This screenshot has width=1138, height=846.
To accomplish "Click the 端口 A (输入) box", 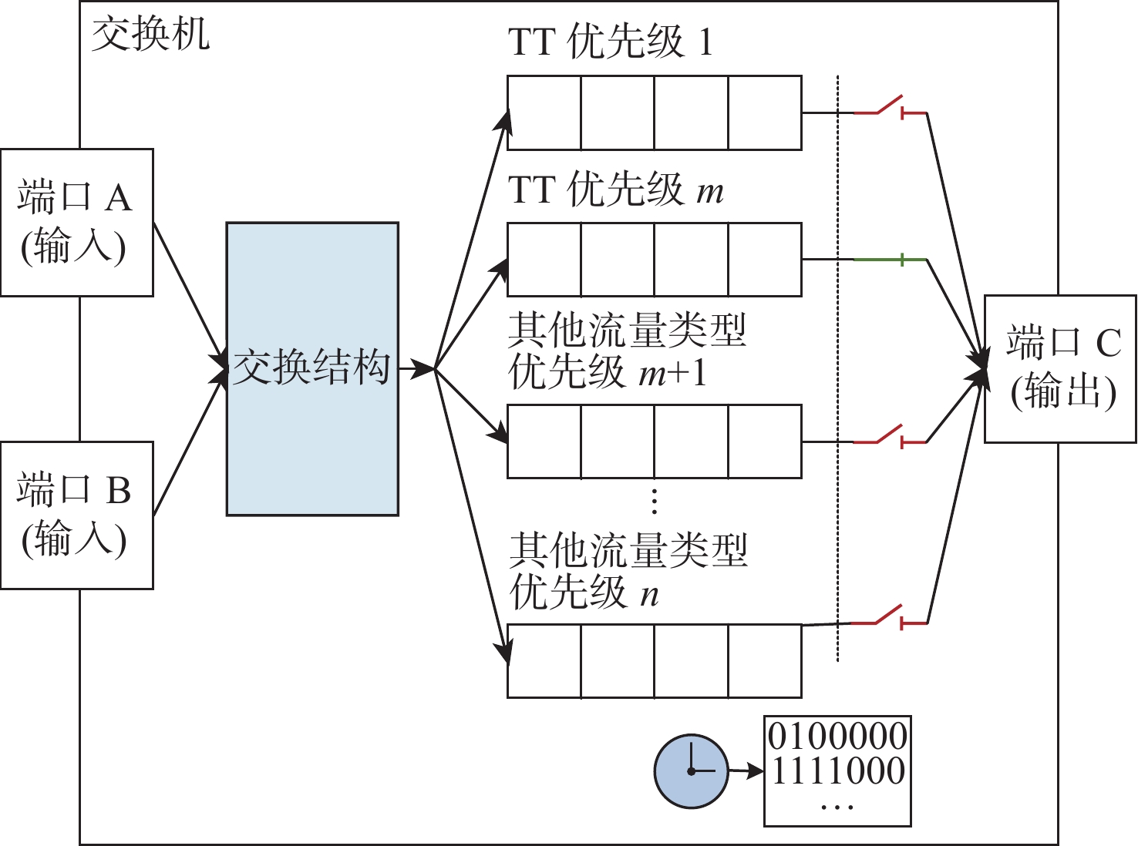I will tap(76, 222).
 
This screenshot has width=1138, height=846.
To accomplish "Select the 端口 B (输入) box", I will tap(76, 515).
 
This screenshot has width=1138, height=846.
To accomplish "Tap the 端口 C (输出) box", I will tap(1060, 368).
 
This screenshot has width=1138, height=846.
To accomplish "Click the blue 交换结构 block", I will tap(312, 368).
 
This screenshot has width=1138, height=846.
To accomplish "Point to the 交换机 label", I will tap(150, 35).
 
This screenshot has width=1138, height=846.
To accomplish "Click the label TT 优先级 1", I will tap(610, 42).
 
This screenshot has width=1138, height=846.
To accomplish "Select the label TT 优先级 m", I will tap(615, 190).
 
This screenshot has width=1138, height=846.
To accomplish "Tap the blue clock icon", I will tap(691, 770).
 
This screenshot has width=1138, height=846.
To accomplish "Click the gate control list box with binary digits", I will tap(837, 770).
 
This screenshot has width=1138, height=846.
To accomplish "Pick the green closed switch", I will tap(891, 260).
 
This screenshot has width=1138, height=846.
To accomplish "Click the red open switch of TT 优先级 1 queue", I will tap(891, 108).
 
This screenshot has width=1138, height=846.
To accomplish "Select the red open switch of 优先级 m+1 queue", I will tap(891, 438).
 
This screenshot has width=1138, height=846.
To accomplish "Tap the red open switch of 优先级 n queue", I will tap(891, 618).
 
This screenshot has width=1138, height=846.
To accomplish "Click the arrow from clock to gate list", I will tap(746, 770).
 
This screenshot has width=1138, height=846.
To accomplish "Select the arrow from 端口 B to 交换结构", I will tap(190, 443).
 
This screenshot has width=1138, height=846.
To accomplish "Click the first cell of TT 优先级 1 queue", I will tap(544, 112).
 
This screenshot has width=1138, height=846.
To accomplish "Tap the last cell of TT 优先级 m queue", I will tap(765, 260).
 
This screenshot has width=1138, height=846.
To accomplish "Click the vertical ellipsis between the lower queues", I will tap(654, 501).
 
